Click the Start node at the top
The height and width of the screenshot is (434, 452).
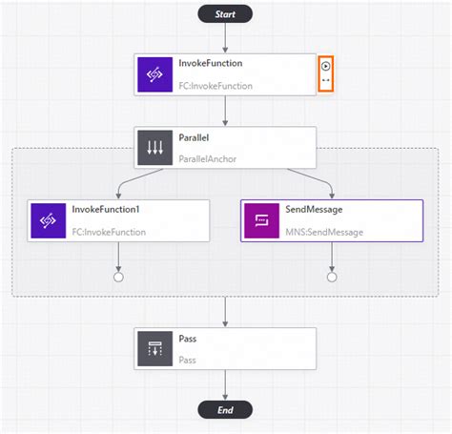pyautogui.click(x=225, y=13)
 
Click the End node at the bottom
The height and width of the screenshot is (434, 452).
pyautogui.click(x=225, y=410)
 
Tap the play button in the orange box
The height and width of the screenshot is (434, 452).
pyautogui.click(x=326, y=66)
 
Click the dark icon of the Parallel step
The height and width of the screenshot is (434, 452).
pyautogui.click(x=154, y=148)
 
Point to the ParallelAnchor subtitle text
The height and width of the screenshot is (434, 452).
pyautogui.click(x=207, y=158)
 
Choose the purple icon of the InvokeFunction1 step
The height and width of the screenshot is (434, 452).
pyautogui.click(x=48, y=220)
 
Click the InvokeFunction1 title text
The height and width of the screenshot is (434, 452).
pyautogui.click(x=106, y=209)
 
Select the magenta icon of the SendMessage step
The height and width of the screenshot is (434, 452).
pyautogui.click(x=261, y=220)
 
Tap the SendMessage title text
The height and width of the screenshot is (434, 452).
pyautogui.click(x=314, y=209)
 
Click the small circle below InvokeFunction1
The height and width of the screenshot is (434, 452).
pyautogui.click(x=118, y=278)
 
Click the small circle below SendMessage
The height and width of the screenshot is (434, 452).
pyautogui.click(x=332, y=278)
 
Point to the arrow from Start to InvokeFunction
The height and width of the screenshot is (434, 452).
pyautogui.click(x=225, y=38)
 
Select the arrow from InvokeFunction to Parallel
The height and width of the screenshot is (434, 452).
pyautogui.click(x=225, y=110)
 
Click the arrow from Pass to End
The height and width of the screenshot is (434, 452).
pyautogui.click(x=225, y=383)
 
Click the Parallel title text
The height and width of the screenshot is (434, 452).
pyautogui.click(x=196, y=137)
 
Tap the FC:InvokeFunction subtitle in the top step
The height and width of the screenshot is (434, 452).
pyautogui.click(x=216, y=85)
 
